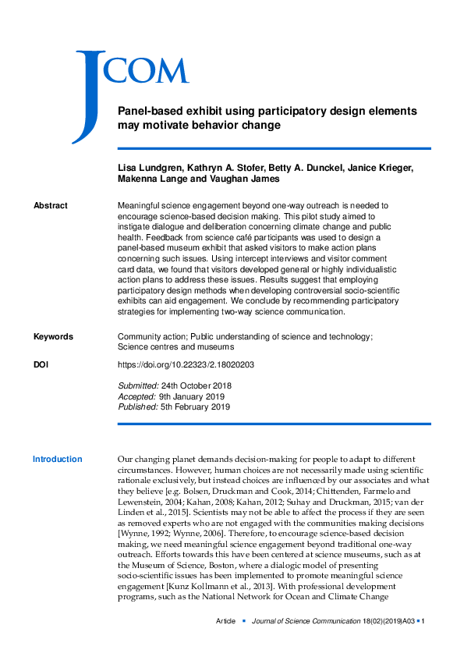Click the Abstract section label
pos(51,205)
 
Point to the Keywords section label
pos(53,336)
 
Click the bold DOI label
pos(44,364)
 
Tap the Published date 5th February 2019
pos(196,407)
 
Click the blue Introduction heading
pos(57,460)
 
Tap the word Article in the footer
pos(227,621)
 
